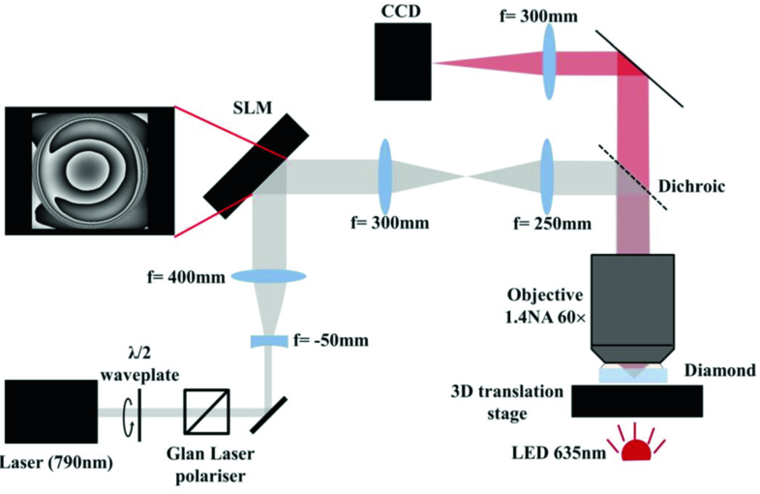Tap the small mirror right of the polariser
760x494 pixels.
pyautogui.click(x=263, y=414)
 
